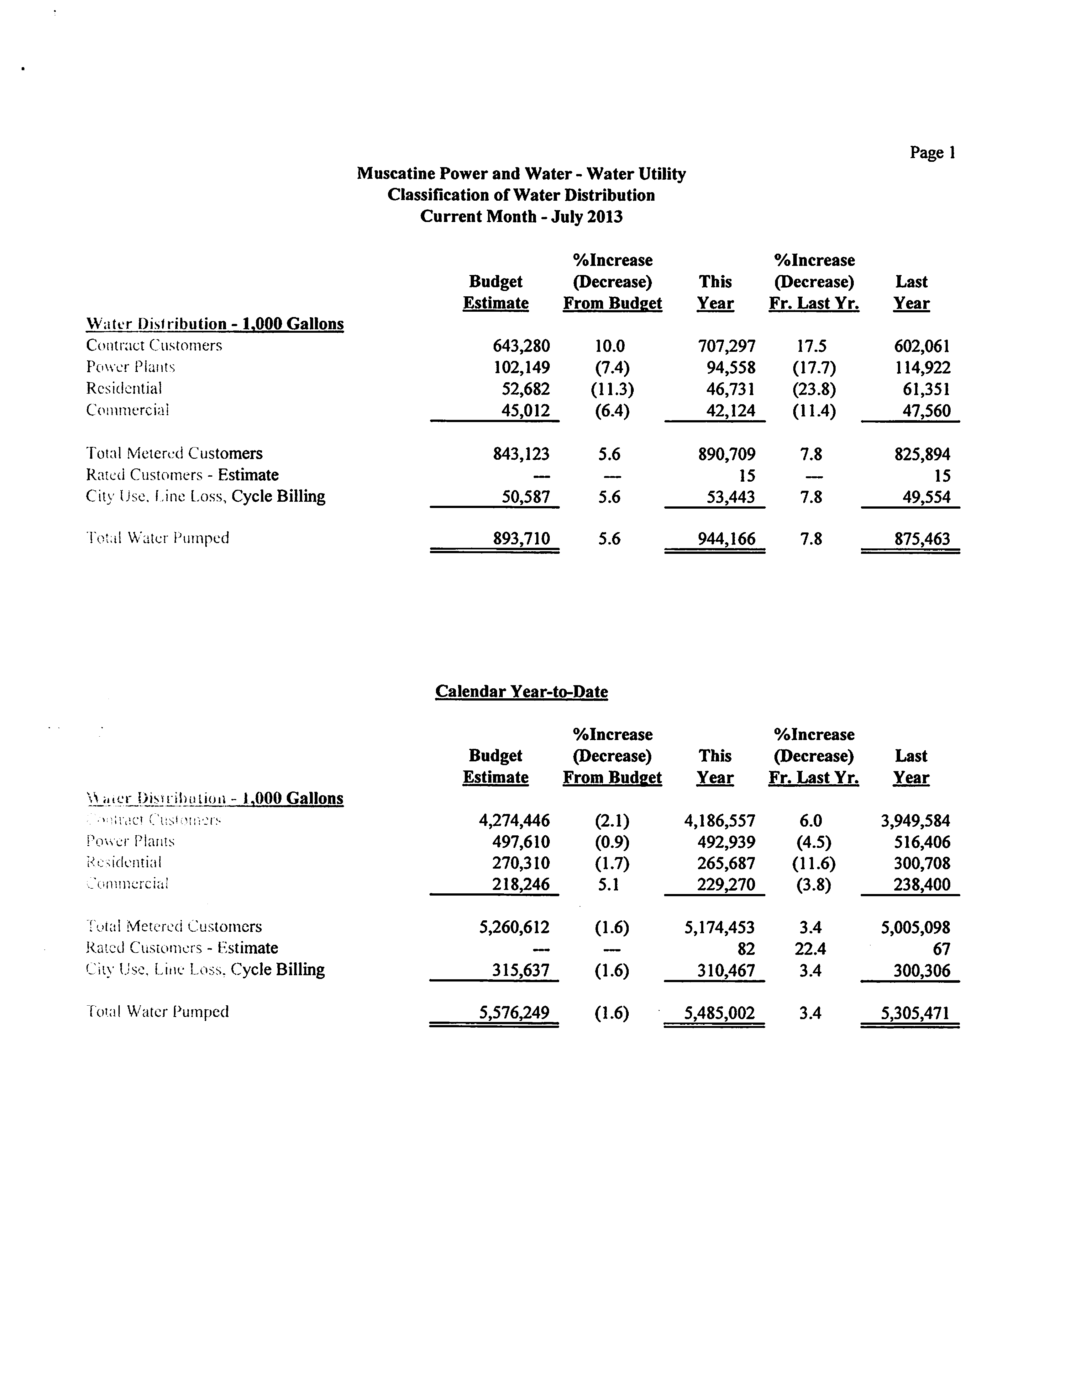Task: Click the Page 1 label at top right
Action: pos(932,153)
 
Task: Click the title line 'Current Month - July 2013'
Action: pos(521,217)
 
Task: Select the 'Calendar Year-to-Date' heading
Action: pos(521,691)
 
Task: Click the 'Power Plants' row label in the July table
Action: pos(131,367)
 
